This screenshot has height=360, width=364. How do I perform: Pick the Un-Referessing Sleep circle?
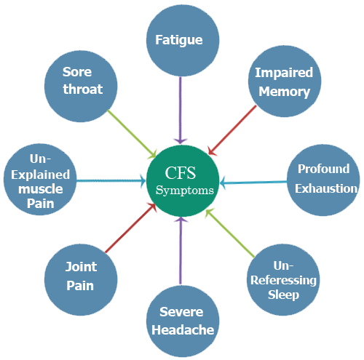click(282, 280)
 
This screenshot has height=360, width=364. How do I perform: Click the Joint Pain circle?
click(80, 276)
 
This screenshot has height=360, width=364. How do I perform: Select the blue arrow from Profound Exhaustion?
click(255, 181)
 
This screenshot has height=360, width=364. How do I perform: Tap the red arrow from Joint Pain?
click(130, 228)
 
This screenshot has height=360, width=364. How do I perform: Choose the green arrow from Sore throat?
click(132, 133)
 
